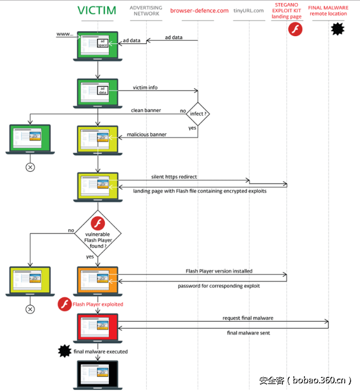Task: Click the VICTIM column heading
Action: pyautogui.click(x=98, y=11)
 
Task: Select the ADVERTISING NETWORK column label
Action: pyautogui.click(x=145, y=10)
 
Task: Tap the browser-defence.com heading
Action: pyautogui.click(x=199, y=11)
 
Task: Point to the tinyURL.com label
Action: pyautogui.click(x=249, y=11)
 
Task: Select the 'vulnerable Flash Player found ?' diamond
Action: pyautogui.click(x=98, y=235)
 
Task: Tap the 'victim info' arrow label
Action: pyautogui.click(x=145, y=87)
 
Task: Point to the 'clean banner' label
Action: pyautogui.click(x=146, y=110)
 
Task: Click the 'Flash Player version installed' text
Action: pyautogui.click(x=219, y=271)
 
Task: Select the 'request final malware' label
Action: pyautogui.click(x=248, y=318)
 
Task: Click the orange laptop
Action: pyautogui.click(x=98, y=281)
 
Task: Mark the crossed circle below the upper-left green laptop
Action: pyautogui.click(x=30, y=167)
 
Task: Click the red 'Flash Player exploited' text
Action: pyautogui.click(x=98, y=305)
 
